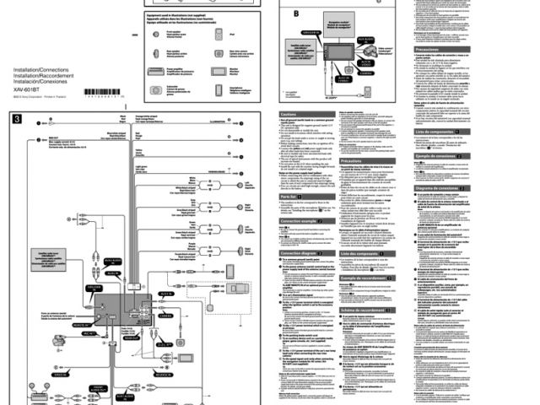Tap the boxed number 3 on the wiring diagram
(x=17, y=119)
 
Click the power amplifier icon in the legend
(x=157, y=71)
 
